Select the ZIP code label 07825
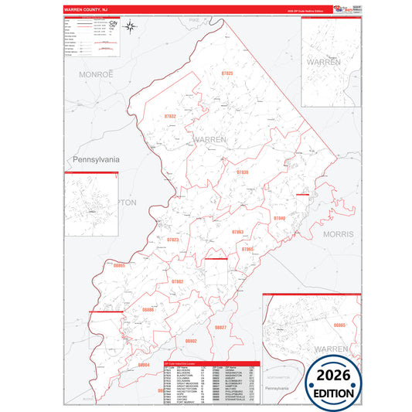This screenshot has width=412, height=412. coord(227,73)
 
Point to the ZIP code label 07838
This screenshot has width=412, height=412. coord(242,172)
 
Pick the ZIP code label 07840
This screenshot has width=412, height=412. coord(279,219)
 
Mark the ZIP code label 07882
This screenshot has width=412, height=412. coord(178,281)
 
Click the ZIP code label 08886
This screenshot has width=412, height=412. coord(148,309)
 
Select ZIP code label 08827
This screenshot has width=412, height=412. coord(221,328)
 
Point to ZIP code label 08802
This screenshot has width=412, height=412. coord(192,340)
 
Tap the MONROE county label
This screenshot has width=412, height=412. coord(96,73)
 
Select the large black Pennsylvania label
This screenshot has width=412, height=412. coord(97,159)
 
